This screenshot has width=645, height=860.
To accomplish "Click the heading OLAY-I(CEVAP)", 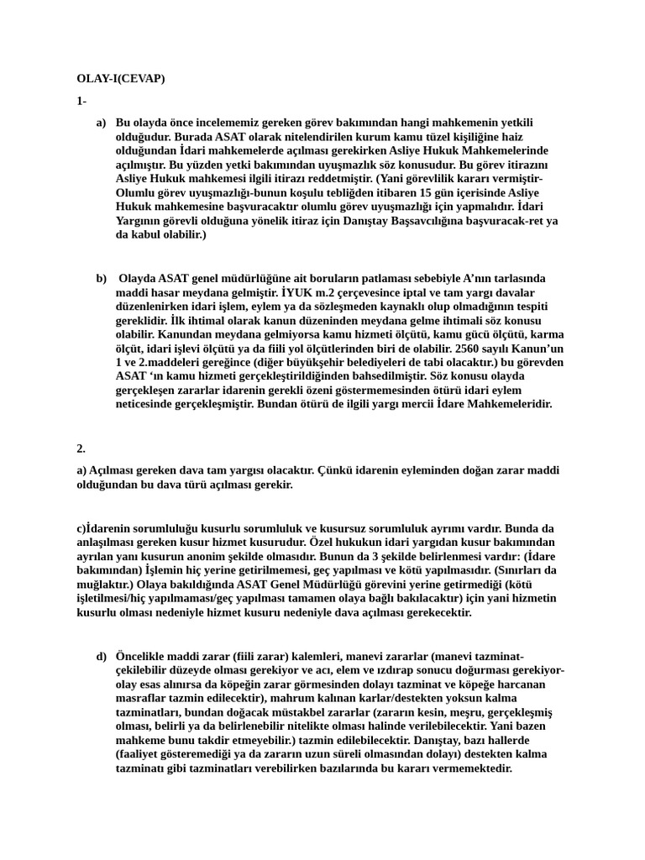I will point(121,79).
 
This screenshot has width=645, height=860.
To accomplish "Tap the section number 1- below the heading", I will point(81,101).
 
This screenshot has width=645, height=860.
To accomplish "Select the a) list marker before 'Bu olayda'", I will point(101,123).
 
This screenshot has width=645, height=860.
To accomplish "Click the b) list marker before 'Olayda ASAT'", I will point(101,278).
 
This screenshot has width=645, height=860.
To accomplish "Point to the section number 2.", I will point(81,448).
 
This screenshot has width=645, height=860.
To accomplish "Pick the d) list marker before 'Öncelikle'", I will point(101,656).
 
